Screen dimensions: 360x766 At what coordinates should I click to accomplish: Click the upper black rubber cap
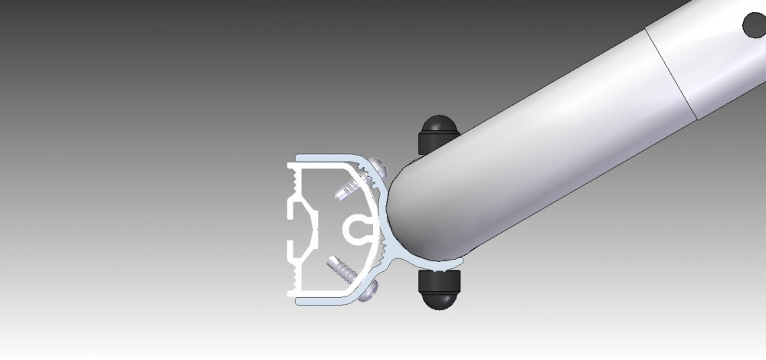click(437, 133)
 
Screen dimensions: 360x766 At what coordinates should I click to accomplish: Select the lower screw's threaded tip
click(337, 268)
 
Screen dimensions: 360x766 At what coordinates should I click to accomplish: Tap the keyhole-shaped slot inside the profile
click(357, 227)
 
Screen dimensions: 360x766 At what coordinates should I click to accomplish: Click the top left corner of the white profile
click(290, 165)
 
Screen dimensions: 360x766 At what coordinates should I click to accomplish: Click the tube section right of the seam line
click(720, 61)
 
